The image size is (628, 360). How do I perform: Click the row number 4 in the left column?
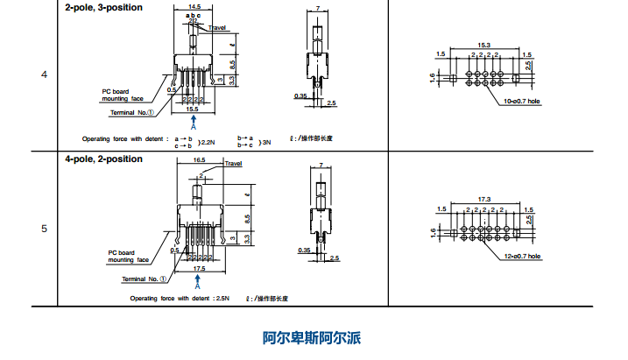pyautogui.click(x=45, y=74)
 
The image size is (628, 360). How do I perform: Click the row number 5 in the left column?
pyautogui.click(x=45, y=229)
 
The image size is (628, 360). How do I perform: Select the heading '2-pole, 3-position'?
pyautogui.click(x=103, y=7)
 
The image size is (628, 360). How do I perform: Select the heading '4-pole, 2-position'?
pyautogui.click(x=103, y=159)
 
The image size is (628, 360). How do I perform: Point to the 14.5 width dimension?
pyautogui.click(x=194, y=7)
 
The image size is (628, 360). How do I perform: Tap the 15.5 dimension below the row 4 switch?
pyautogui.click(x=193, y=109)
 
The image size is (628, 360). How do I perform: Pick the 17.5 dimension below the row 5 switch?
pyautogui.click(x=200, y=269)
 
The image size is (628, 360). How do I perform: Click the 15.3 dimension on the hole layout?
pyautogui.click(x=483, y=44)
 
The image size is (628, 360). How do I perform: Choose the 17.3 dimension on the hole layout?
pyautogui.click(x=483, y=199)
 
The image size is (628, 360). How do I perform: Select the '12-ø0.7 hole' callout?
pyautogui.click(x=523, y=258)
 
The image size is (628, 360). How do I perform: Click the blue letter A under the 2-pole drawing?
pyautogui.click(x=193, y=127)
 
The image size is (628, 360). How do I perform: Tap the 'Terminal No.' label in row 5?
pyautogui.click(x=145, y=279)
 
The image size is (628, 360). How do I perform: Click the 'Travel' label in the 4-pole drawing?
pyautogui.click(x=233, y=164)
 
